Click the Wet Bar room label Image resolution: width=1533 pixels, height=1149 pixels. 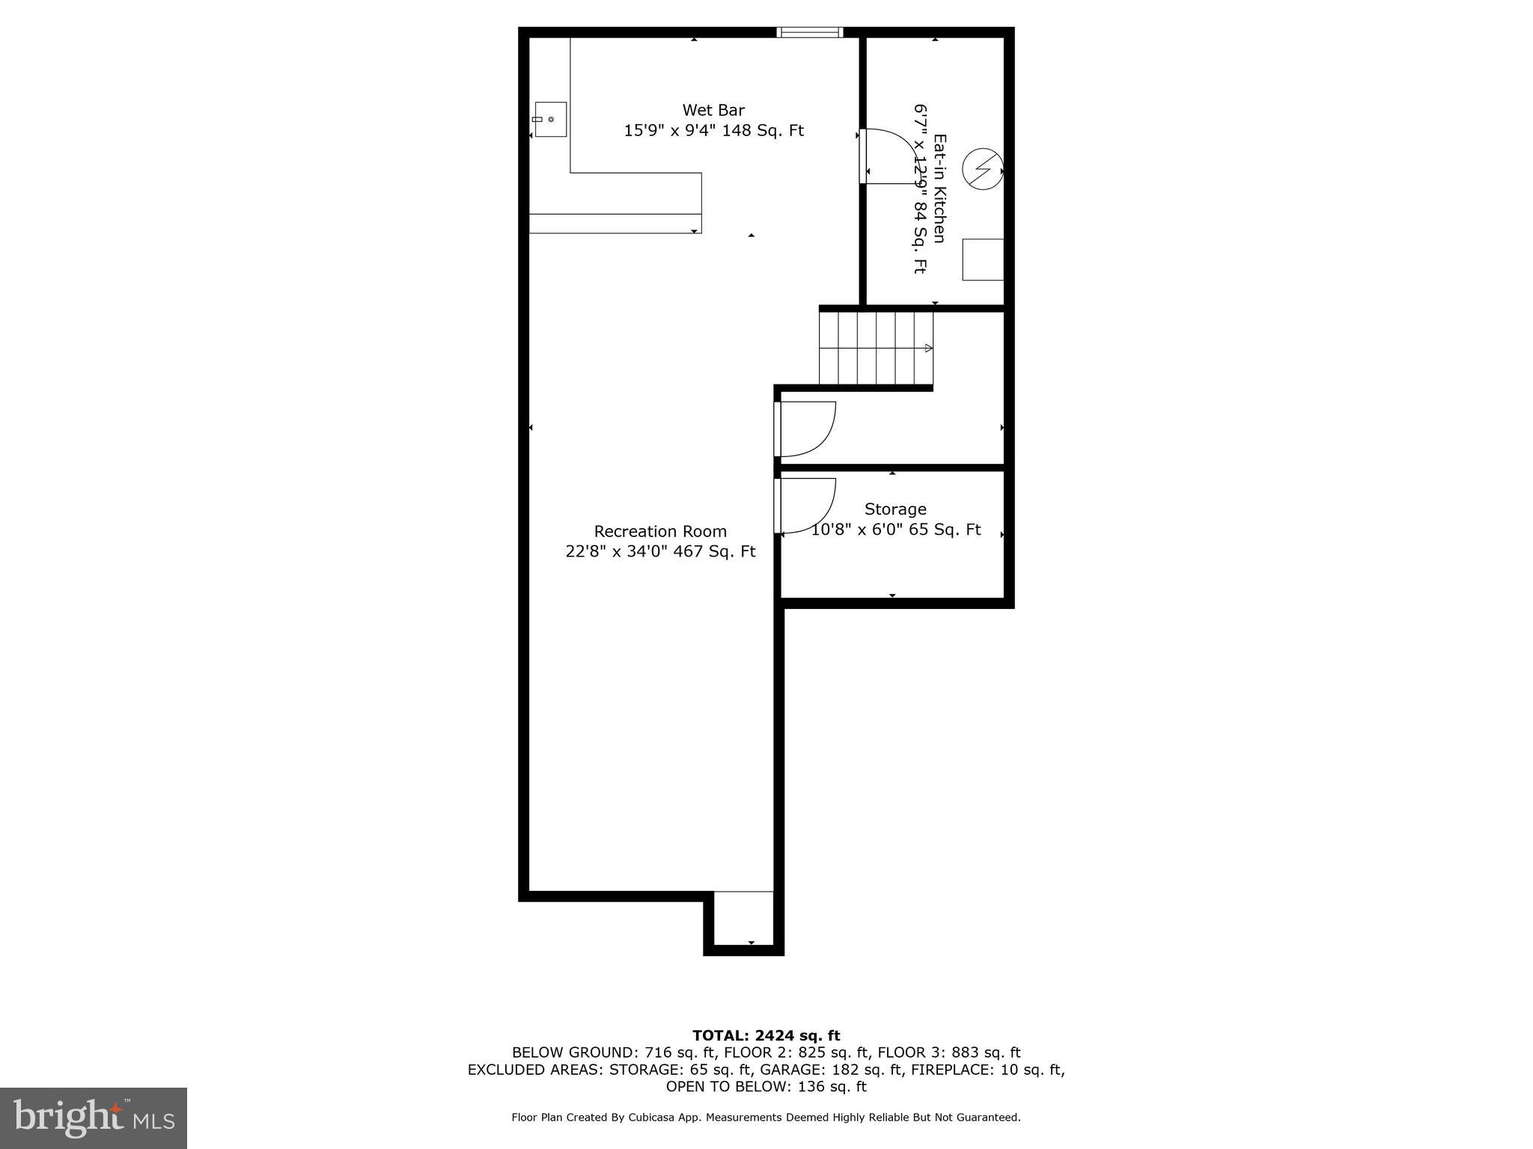click(713, 111)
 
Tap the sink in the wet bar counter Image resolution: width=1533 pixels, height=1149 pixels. click(550, 120)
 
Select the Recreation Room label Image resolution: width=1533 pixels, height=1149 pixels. click(660, 531)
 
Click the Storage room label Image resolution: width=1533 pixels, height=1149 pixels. click(895, 509)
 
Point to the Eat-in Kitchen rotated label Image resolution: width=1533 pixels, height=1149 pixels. click(939, 189)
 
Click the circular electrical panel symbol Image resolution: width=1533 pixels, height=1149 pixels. click(981, 169)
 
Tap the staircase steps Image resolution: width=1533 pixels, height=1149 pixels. click(876, 348)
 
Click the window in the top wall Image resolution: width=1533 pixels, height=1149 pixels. click(810, 32)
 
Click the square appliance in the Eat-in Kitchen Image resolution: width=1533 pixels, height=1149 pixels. click(982, 260)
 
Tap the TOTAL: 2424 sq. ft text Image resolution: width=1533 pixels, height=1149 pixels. click(766, 1035)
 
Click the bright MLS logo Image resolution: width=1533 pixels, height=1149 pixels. click(94, 1118)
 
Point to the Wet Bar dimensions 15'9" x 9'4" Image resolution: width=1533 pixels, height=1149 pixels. click(670, 131)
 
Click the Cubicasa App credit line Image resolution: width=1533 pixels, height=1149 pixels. click(766, 1118)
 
